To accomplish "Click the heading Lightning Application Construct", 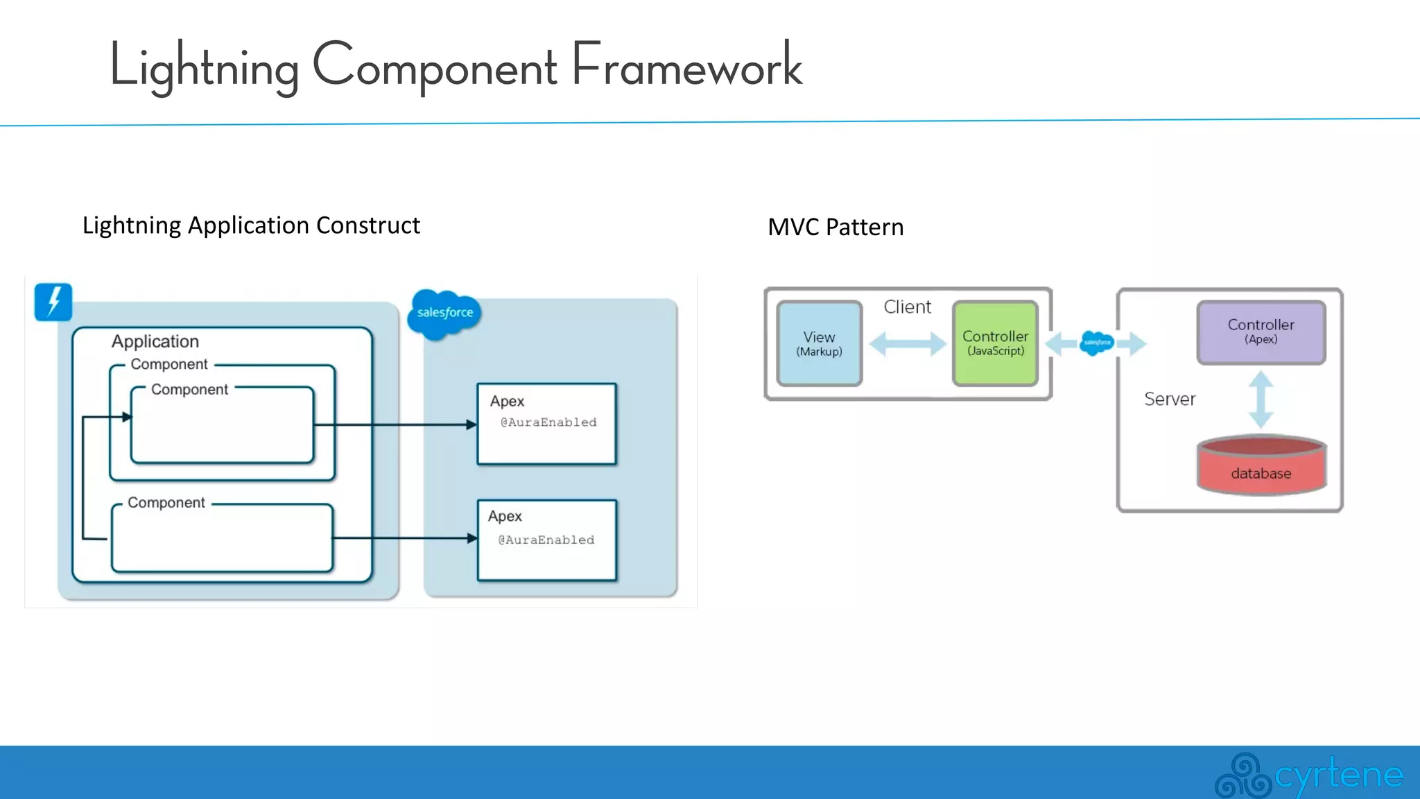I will [x=251, y=225].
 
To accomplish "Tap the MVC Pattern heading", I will [x=835, y=227].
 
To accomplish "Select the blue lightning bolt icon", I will [x=53, y=302].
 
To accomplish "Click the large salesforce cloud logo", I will [x=444, y=313].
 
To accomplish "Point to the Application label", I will [x=155, y=341].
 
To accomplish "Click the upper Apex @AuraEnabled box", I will [x=546, y=424].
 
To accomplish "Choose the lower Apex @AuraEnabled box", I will [x=546, y=540].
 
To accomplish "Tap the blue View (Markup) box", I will [x=819, y=343].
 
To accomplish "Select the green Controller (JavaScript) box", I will [x=995, y=343].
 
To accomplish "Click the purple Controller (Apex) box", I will [x=1261, y=332].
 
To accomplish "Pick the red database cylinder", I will [x=1261, y=466].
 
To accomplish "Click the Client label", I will [x=907, y=307].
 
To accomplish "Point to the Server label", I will [x=1170, y=399].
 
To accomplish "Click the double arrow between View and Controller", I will [x=907, y=343].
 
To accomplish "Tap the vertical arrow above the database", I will [x=1261, y=399].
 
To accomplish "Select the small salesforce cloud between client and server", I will [x=1097, y=343].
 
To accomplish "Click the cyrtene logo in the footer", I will [x=1309, y=774].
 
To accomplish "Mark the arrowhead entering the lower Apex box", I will [x=472, y=538].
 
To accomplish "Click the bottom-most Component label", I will [x=166, y=503].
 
